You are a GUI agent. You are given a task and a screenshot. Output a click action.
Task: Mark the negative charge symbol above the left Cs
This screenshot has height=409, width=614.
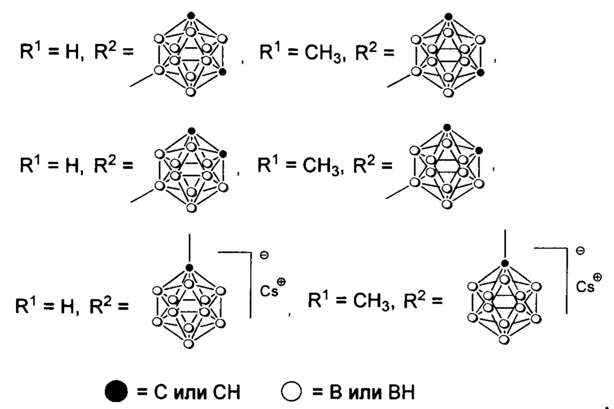point(263,257)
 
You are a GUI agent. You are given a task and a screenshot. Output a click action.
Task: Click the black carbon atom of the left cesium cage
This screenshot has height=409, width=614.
point(188,267)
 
